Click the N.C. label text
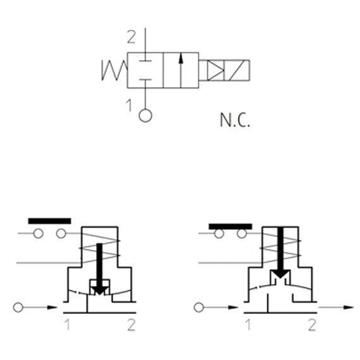(235, 121)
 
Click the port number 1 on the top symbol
(129, 106)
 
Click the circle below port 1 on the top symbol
(145, 116)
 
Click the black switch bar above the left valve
(50, 221)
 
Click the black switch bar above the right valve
(231, 225)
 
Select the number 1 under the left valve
(67, 325)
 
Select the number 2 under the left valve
(131, 325)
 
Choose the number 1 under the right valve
(248, 325)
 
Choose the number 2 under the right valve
(311, 325)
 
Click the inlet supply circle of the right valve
(200, 308)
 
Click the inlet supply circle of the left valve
(19, 308)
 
